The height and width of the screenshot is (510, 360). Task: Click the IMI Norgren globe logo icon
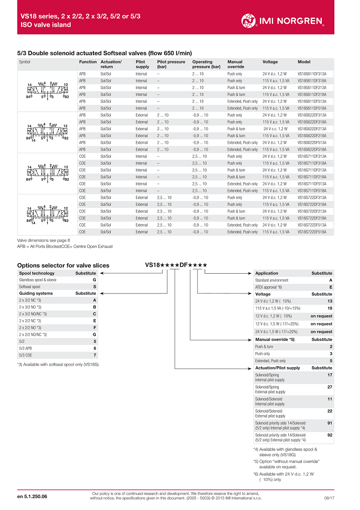(249, 20)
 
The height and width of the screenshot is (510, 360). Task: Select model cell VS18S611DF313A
(312, 74)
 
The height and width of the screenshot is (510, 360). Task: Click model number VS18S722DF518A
(312, 232)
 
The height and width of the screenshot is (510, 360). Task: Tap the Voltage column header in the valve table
(270, 62)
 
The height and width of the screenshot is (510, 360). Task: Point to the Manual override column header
(235, 64)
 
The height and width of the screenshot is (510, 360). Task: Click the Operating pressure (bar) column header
(206, 64)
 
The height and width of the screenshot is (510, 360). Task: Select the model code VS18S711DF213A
(312, 170)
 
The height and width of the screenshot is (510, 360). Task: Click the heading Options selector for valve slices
(63, 265)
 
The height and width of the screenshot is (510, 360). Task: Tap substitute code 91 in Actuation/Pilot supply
(330, 422)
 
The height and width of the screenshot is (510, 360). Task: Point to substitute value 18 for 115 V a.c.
(330, 308)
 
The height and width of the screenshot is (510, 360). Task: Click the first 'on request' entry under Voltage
(321, 316)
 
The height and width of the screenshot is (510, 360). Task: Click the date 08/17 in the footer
(330, 498)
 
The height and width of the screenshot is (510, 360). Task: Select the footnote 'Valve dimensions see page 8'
(44, 240)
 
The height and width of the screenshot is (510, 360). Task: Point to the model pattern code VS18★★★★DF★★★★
(176, 265)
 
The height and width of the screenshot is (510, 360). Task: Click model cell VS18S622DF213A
(312, 129)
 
